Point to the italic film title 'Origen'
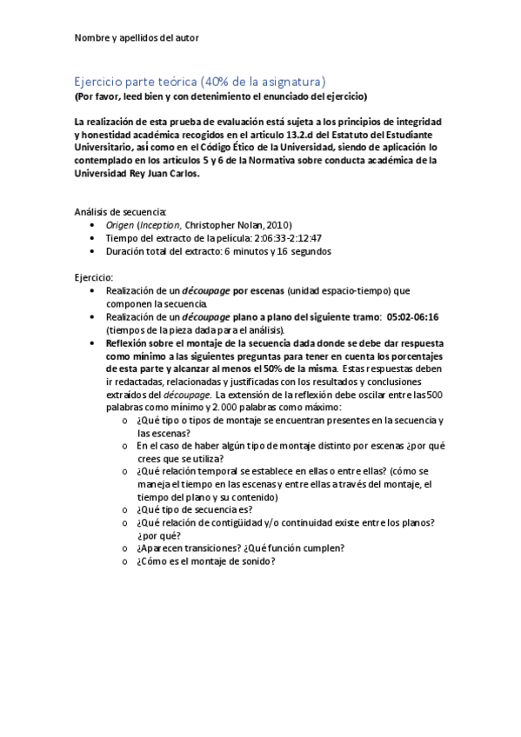tap(119, 223)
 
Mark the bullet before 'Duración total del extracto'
tap(94, 250)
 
